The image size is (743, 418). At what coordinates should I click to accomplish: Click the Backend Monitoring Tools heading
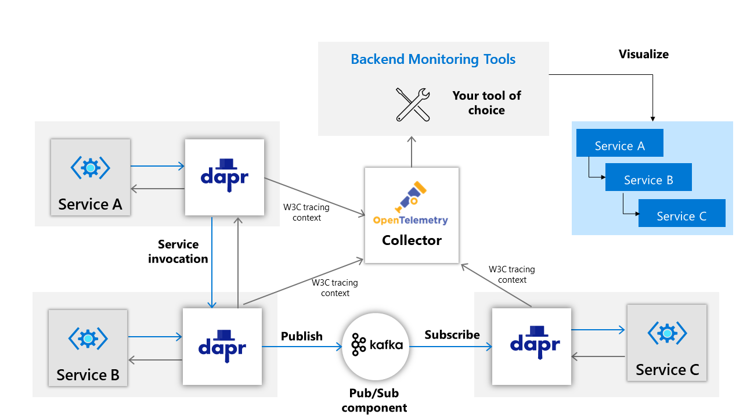[x=433, y=59]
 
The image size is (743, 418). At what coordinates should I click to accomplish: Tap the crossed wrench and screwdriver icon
[x=413, y=105]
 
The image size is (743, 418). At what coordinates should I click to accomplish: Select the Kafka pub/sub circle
[x=376, y=347]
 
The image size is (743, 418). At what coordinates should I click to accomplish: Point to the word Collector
[x=412, y=240]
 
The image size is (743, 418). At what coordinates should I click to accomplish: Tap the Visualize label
[x=643, y=55]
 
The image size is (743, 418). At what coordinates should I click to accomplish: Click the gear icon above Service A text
[x=91, y=168]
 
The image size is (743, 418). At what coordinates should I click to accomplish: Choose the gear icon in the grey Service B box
[x=88, y=337]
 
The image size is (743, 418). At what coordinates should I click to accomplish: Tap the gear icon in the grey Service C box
[x=667, y=333]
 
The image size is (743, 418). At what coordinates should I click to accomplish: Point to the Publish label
[x=301, y=336]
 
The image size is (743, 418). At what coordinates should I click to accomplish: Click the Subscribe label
[x=452, y=335]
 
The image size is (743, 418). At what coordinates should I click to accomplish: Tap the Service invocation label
[x=178, y=251]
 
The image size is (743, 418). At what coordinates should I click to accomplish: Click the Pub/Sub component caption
[x=374, y=401]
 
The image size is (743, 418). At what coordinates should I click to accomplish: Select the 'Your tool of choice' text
[x=486, y=103]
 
